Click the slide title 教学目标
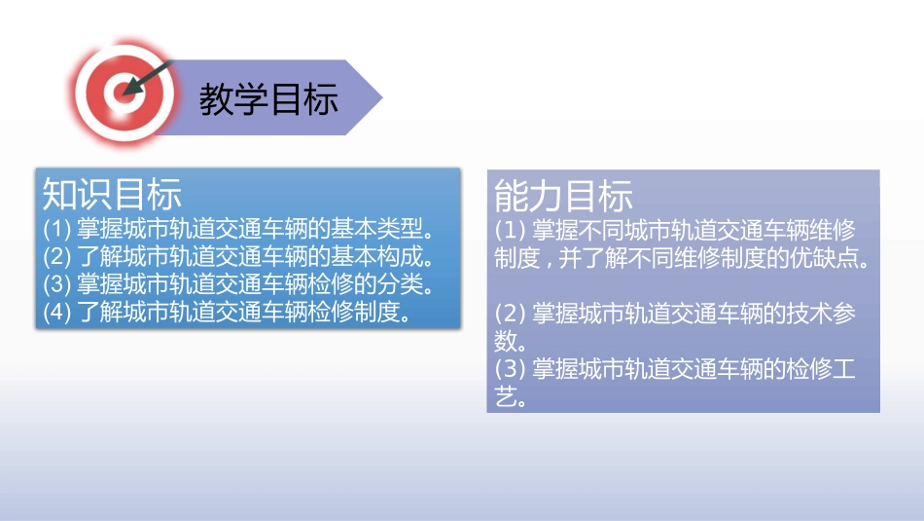click(268, 99)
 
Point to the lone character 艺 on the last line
click(508, 397)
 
